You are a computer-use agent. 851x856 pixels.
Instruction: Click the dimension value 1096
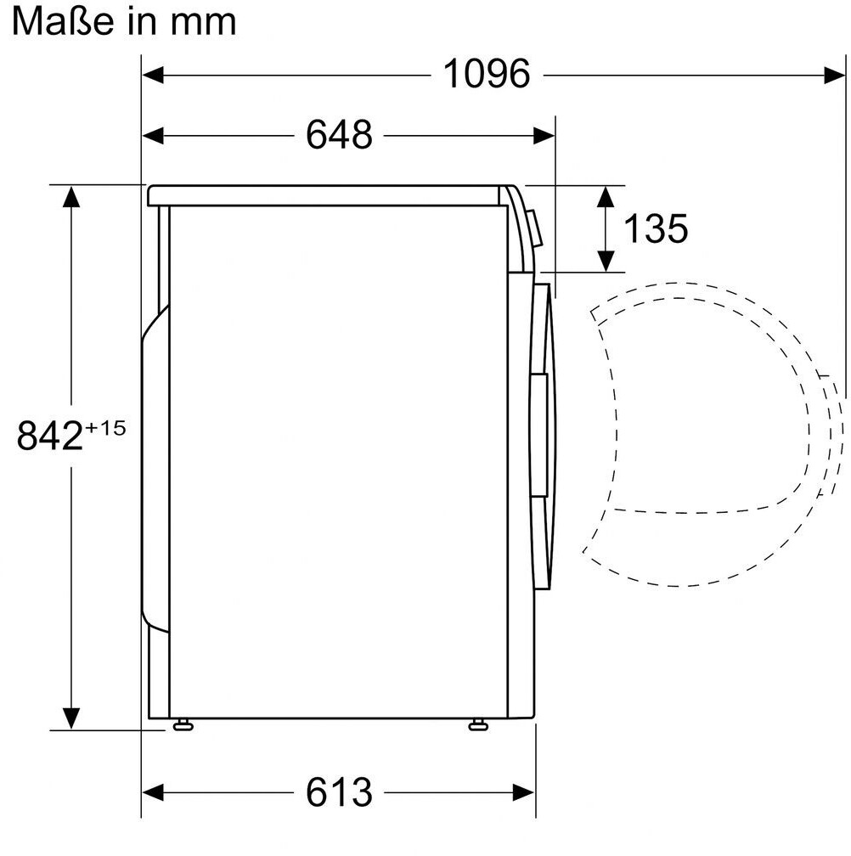click(x=487, y=74)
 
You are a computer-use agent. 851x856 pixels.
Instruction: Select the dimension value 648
click(x=339, y=135)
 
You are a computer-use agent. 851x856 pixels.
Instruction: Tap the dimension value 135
click(x=656, y=228)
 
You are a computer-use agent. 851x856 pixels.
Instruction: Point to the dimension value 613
click(x=339, y=792)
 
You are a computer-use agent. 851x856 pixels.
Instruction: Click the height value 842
click(x=49, y=436)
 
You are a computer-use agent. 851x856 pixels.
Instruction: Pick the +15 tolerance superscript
click(x=105, y=427)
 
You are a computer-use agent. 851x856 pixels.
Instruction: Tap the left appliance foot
click(x=183, y=724)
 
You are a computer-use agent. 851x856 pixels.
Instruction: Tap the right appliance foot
click(x=478, y=724)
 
